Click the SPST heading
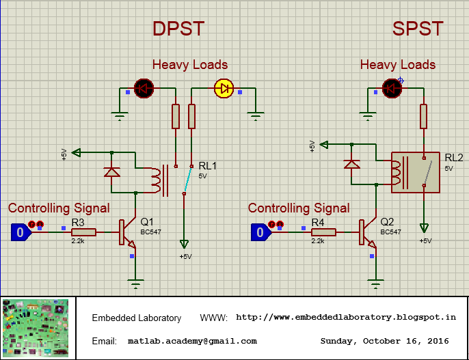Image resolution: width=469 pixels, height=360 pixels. point(418,29)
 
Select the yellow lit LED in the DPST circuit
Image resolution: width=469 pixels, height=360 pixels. point(224,87)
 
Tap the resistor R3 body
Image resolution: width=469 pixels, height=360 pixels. point(83,232)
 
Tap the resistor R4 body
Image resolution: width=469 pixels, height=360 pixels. point(323,232)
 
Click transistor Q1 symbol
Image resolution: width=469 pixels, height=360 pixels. point(127,233)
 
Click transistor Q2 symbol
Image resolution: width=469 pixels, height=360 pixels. point(367,233)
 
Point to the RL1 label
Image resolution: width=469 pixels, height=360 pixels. point(207,166)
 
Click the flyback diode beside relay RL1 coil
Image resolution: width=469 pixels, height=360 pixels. point(111,171)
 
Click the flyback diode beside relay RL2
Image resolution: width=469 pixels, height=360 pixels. point(351,164)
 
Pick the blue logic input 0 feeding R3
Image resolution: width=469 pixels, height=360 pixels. point(20,232)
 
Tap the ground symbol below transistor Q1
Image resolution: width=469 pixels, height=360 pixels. point(136,283)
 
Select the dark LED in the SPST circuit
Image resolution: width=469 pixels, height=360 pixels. point(392,87)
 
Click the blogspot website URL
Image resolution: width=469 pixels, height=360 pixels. point(345,318)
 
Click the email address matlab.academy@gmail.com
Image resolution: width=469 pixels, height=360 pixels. point(192,341)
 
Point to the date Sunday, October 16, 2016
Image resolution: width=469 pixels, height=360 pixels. point(384,341)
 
